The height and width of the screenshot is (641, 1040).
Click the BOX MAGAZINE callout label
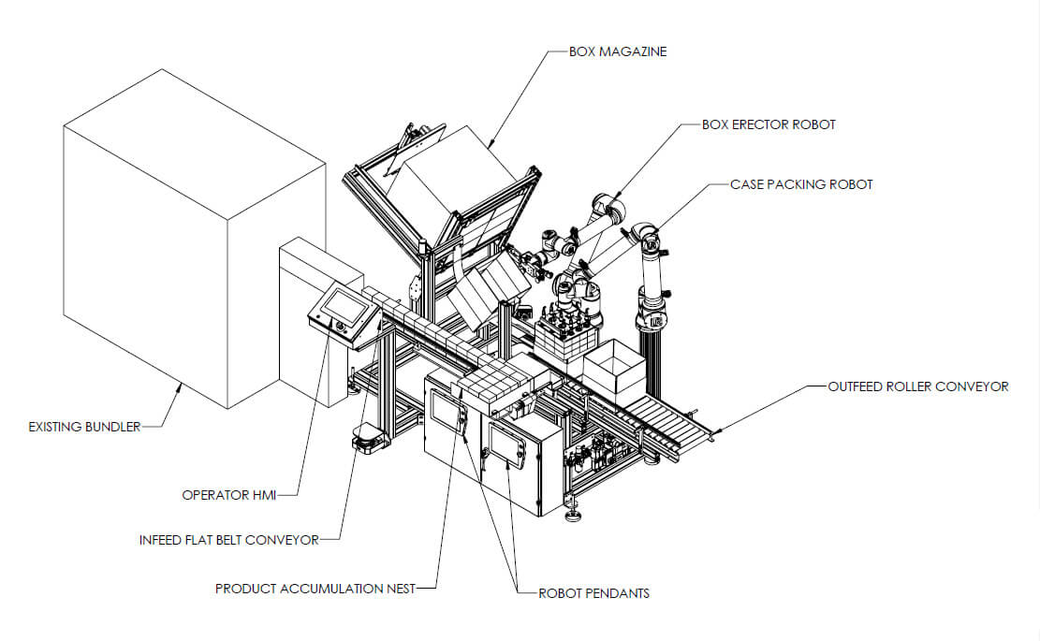click(618, 51)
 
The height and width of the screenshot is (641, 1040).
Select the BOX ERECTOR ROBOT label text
click(769, 124)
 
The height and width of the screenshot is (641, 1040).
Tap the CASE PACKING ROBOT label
click(801, 184)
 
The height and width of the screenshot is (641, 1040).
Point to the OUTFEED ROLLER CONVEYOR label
click(918, 386)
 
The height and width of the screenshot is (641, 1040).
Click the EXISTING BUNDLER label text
click(84, 427)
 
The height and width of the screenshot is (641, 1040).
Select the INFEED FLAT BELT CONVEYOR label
click(228, 540)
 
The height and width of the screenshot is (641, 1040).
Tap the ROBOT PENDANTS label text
click(593, 593)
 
